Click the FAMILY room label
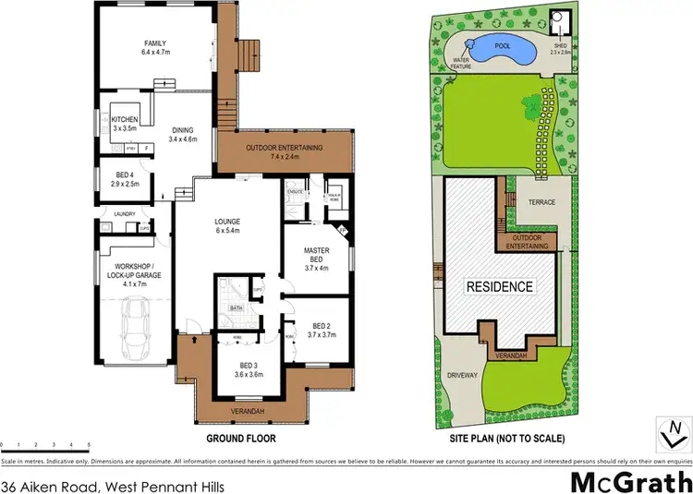click(153, 43)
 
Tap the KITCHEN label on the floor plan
click(124, 120)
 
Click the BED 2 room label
click(321, 327)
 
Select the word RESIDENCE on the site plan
click(498, 286)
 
